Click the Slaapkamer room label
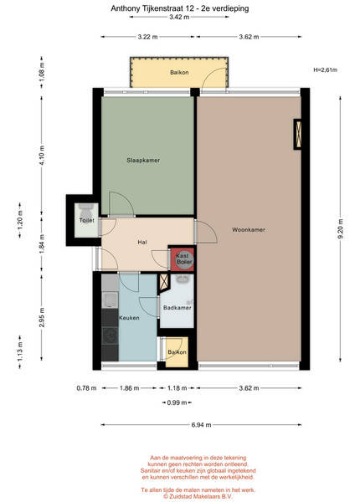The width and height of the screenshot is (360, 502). tap(143, 161)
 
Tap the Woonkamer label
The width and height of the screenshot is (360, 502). tap(249, 230)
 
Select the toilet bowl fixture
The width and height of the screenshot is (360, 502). tap(86, 210)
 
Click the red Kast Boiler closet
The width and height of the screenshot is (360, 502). tap(183, 259)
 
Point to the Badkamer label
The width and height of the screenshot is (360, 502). tap(177, 308)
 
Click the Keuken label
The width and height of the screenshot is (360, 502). tap(129, 318)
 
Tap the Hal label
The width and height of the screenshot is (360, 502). tap(142, 243)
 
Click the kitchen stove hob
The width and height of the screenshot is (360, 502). tap(110, 336)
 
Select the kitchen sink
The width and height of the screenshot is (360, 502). tap(110, 300)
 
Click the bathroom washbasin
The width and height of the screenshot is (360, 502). tap(183, 279)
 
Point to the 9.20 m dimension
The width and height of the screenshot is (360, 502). tap(340, 228)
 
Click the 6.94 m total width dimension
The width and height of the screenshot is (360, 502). tap(201, 425)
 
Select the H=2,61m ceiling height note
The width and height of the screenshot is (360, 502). tap(325, 69)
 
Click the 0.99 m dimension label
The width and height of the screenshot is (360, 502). tap(177, 402)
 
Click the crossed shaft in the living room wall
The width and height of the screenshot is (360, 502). tap(298, 134)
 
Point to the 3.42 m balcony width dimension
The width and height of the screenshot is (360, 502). tap(179, 17)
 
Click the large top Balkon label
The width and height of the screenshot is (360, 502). tap(179, 72)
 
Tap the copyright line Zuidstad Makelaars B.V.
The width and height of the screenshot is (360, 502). tap(198, 496)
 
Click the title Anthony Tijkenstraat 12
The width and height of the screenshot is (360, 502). tap(151, 8)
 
